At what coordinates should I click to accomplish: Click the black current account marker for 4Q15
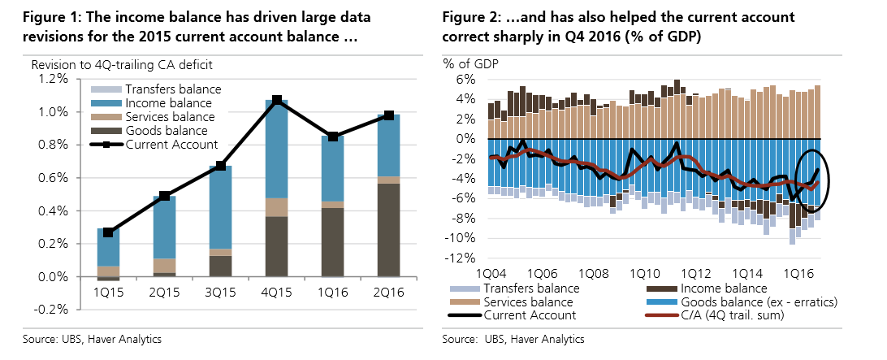277,100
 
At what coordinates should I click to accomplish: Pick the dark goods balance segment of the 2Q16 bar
389,230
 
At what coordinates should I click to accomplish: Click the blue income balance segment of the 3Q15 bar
221,207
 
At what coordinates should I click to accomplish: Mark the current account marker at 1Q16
333,136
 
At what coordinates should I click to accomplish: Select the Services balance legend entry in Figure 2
528,301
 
